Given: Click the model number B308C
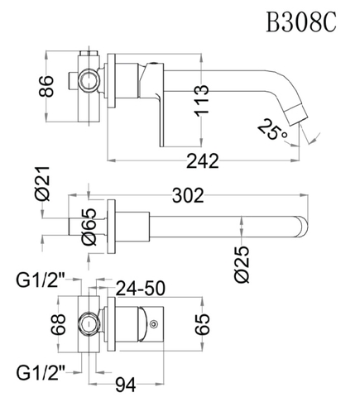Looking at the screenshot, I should click(300, 22).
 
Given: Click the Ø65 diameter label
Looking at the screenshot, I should click(91, 227).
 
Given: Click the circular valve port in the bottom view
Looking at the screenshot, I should click(88, 324).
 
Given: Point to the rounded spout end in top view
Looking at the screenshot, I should click(302, 227).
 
